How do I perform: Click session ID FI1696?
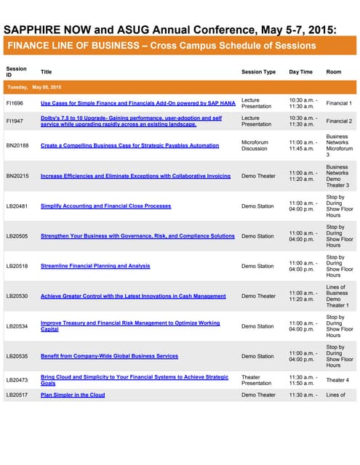click(15, 103)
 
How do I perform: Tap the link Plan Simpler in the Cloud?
click(73, 395)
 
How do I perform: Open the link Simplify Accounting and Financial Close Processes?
click(105, 206)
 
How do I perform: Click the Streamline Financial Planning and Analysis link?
click(95, 266)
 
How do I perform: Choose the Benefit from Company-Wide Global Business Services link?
click(109, 356)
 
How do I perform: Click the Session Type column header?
click(258, 72)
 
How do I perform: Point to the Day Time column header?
click(300, 72)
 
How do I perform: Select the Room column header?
click(334, 72)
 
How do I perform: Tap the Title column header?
click(47, 72)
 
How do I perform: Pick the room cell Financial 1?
click(339, 103)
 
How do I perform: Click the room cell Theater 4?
click(337, 380)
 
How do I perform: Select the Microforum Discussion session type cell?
click(256, 145)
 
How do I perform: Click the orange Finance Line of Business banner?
click(162, 46)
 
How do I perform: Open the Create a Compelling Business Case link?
click(129, 145)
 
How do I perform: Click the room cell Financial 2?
click(339, 121)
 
